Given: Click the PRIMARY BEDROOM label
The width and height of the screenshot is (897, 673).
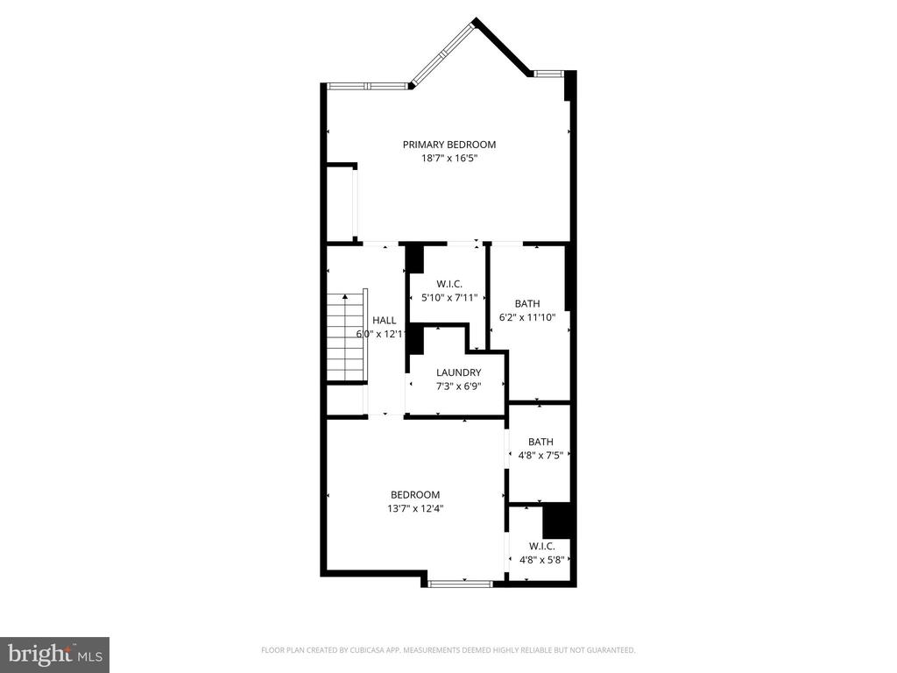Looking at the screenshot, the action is (449, 145).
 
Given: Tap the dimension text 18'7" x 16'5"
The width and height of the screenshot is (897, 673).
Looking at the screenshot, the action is (449, 159).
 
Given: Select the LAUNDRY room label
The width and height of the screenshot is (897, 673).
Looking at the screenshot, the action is (458, 372).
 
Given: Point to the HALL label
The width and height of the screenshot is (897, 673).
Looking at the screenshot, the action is (384, 321).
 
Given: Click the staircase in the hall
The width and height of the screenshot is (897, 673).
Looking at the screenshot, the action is (347, 337).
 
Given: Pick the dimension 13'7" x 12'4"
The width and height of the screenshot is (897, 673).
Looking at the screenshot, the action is (415, 508).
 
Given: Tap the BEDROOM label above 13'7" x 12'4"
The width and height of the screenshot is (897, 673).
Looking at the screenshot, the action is (415, 494).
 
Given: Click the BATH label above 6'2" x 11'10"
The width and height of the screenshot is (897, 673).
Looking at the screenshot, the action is (526, 304).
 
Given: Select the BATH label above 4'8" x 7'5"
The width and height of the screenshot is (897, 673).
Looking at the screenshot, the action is (540, 442).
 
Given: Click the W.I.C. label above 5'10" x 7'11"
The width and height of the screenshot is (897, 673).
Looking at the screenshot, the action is (449, 284).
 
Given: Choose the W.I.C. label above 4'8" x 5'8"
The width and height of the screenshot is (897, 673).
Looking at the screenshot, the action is (540, 546).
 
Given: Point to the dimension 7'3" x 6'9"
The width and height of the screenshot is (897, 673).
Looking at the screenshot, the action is (458, 386).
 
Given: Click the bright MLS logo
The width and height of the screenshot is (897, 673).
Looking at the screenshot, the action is (55, 655).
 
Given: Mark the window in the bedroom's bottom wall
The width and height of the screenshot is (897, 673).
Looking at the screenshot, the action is (461, 584).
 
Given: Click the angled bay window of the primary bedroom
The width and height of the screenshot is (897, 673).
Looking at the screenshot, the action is (443, 53).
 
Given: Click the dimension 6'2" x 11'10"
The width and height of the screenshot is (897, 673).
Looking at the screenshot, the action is (526, 317).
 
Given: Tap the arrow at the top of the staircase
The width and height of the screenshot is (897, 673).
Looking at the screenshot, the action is (345, 297).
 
